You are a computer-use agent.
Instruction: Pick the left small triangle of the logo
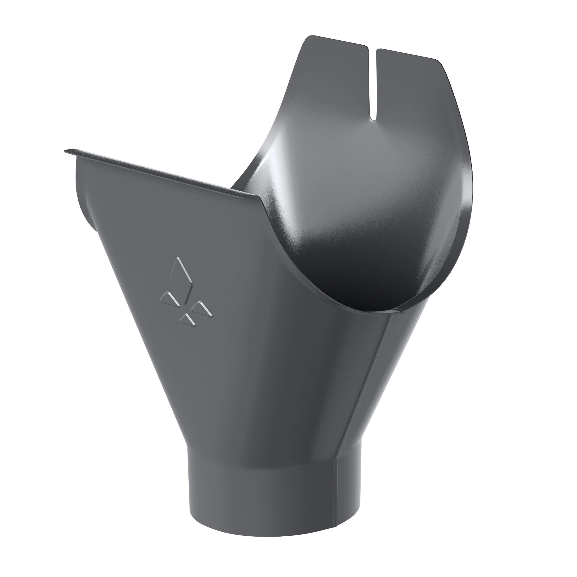[169, 299]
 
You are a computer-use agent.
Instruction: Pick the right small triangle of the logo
[202, 308]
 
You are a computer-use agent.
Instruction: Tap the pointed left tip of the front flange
[65, 151]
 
